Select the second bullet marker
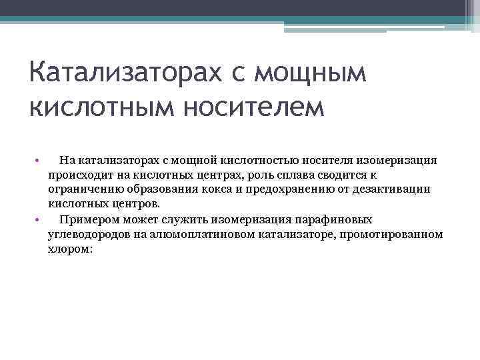37,219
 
